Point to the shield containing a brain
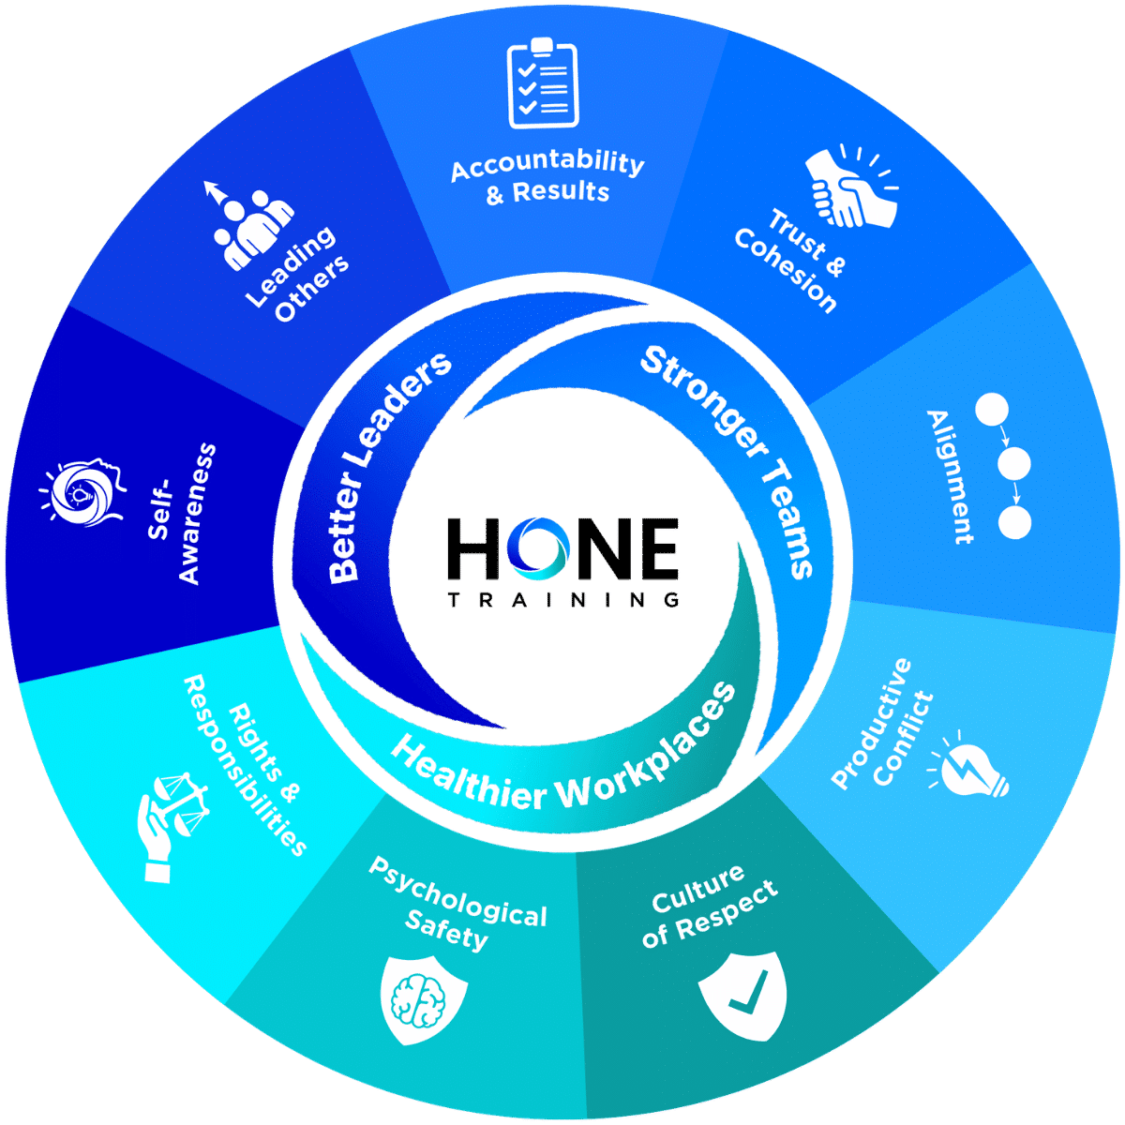[x=424, y=999]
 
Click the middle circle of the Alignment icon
[x=1013, y=463]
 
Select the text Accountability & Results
[x=547, y=177]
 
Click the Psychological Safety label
[x=456, y=906]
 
